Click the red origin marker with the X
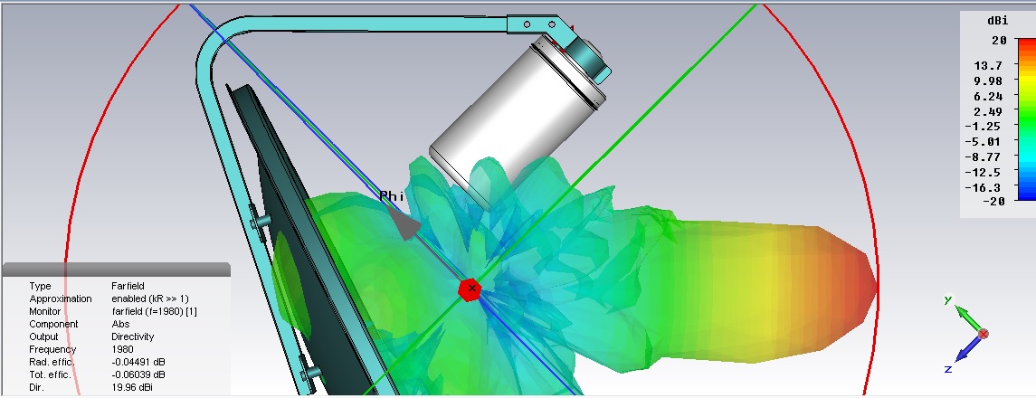tap(470, 289)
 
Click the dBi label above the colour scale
tap(997, 21)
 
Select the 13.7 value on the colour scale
tap(988, 65)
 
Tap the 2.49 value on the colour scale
tap(988, 111)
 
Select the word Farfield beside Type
tap(128, 286)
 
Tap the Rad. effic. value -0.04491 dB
tap(138, 362)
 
